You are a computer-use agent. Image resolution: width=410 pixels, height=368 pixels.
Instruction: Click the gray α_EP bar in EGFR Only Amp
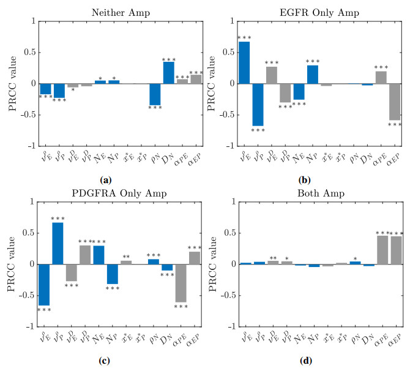(395, 102)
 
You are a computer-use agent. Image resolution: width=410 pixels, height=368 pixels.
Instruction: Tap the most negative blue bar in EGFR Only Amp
(258, 105)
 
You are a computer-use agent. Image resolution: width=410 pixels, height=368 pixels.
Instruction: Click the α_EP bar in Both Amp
(395, 250)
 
